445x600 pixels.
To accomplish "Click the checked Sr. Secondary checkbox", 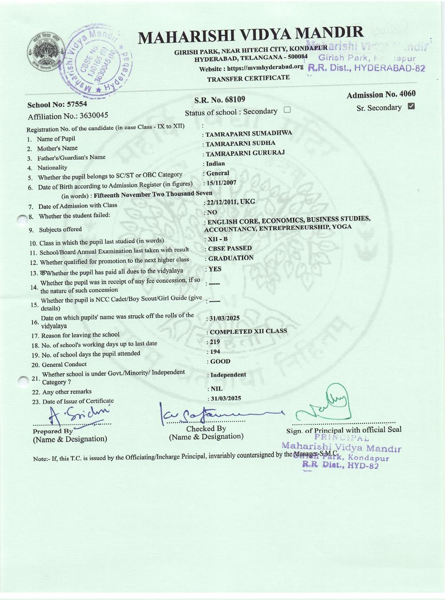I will click(411, 106).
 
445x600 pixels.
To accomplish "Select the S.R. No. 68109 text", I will click(220, 99).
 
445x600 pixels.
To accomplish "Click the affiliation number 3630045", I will click(93, 116).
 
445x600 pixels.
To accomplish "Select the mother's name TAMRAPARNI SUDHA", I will click(240, 143).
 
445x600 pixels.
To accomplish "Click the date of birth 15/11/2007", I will click(221, 183).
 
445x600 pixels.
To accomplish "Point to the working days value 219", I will click(214, 342).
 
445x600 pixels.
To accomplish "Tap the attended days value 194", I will click(215, 352).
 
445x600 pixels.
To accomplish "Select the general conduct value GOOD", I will click(220, 361).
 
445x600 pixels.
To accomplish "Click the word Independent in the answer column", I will click(228, 375).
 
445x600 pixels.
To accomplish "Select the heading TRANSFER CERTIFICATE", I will click(248, 78).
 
